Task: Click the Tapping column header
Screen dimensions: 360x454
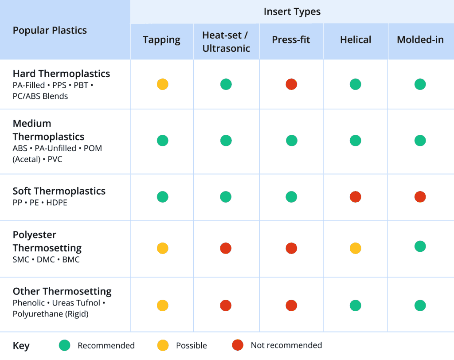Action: coord(161,40)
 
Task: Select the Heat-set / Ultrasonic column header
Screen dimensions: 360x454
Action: coord(226,42)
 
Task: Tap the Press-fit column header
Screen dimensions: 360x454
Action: coord(291,40)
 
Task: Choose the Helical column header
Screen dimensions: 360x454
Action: coord(356,40)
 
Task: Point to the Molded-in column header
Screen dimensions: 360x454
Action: coord(420,40)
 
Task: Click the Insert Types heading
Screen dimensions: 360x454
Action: coord(292,12)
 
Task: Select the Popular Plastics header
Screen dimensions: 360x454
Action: coord(50,30)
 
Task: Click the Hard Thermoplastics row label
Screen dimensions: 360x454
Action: coord(61,74)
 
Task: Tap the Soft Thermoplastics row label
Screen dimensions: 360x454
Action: coord(59,191)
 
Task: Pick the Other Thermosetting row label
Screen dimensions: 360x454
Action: coord(62,291)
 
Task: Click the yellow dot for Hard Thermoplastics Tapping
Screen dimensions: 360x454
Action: coord(163,84)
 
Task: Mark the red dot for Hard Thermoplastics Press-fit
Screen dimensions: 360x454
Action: coord(291,84)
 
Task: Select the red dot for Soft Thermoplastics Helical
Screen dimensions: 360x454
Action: coord(356,197)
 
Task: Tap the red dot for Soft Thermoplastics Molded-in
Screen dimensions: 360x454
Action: coord(420,197)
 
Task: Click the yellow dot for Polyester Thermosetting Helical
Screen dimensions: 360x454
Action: coord(356,248)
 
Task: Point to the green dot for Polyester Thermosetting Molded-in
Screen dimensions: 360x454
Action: coord(420,247)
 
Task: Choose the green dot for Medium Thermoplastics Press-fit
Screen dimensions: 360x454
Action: coord(291,141)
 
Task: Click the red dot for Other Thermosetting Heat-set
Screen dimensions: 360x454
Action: coord(226,305)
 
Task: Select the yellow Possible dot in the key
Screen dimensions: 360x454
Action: coord(163,345)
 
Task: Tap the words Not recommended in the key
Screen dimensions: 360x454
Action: coord(286,345)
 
